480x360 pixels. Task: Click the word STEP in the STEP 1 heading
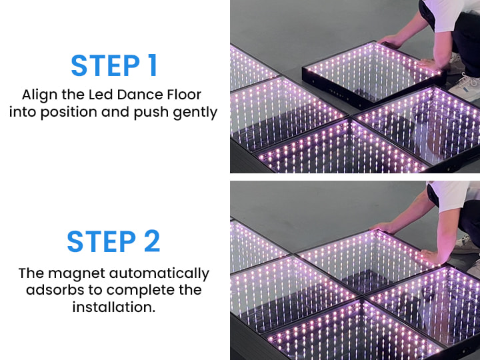[x=105, y=65]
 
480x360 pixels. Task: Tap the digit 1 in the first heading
[x=153, y=65]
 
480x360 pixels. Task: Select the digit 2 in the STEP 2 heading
[x=152, y=241]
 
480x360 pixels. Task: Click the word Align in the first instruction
[x=40, y=95]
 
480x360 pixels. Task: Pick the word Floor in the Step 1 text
[x=184, y=95]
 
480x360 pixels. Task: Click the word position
[x=69, y=112]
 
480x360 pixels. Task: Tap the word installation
[x=114, y=307]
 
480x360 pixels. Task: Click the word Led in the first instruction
[x=101, y=95]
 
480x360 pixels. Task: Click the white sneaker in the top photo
[x=465, y=88]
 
